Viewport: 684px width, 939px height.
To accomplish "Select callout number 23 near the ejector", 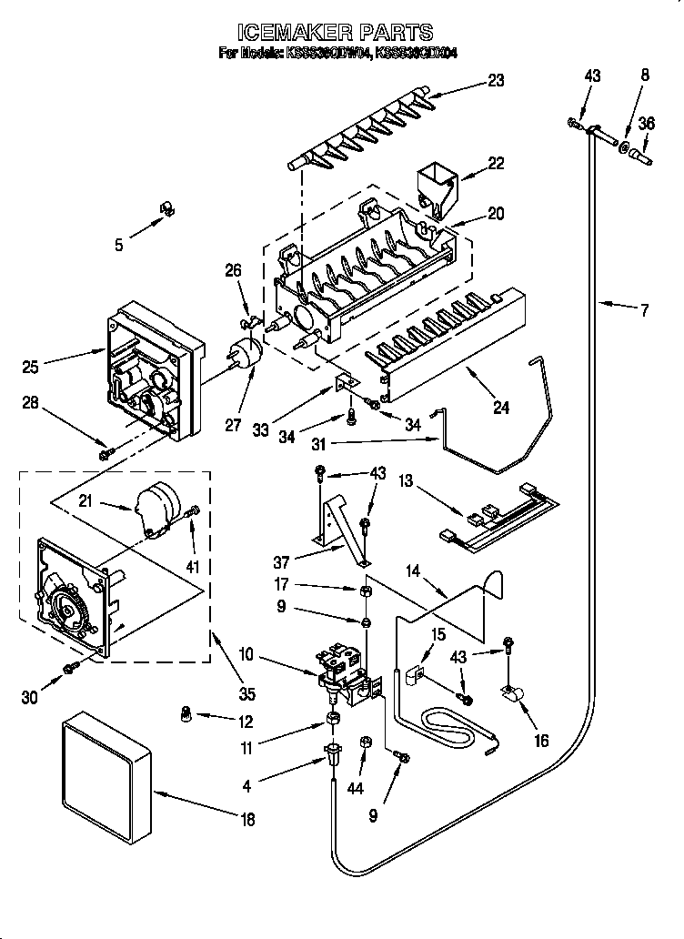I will point(495,79).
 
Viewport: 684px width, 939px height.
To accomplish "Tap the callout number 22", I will point(495,163).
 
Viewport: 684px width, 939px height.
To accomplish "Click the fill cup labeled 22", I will point(438,187).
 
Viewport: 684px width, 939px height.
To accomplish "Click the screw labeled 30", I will point(70,670).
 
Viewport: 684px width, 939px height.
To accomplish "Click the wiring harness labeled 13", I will point(500,524).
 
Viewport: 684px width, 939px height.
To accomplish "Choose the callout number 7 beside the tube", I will point(644,310).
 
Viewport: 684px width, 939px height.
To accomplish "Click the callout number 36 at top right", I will point(646,124).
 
